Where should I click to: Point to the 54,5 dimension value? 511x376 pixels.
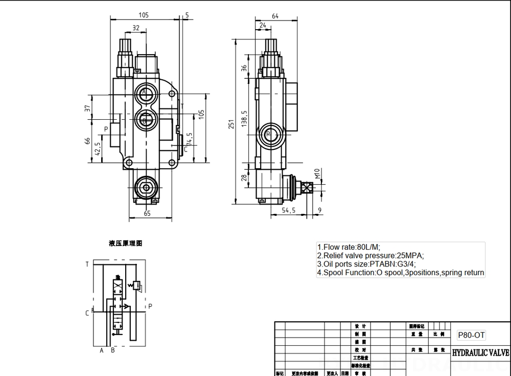(289, 210)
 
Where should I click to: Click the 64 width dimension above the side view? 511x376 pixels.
(275, 16)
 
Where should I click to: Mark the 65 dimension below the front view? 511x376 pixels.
(147, 214)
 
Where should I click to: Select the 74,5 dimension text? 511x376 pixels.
(189, 140)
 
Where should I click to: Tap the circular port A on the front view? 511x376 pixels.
(145, 93)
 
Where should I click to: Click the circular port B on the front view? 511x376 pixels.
(145, 121)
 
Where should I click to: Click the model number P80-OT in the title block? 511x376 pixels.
(471, 335)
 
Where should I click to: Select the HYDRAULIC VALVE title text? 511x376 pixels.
(480, 353)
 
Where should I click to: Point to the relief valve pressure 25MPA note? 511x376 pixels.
(370, 255)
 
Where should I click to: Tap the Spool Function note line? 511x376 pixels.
(400, 273)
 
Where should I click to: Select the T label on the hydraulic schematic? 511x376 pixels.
(87, 264)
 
